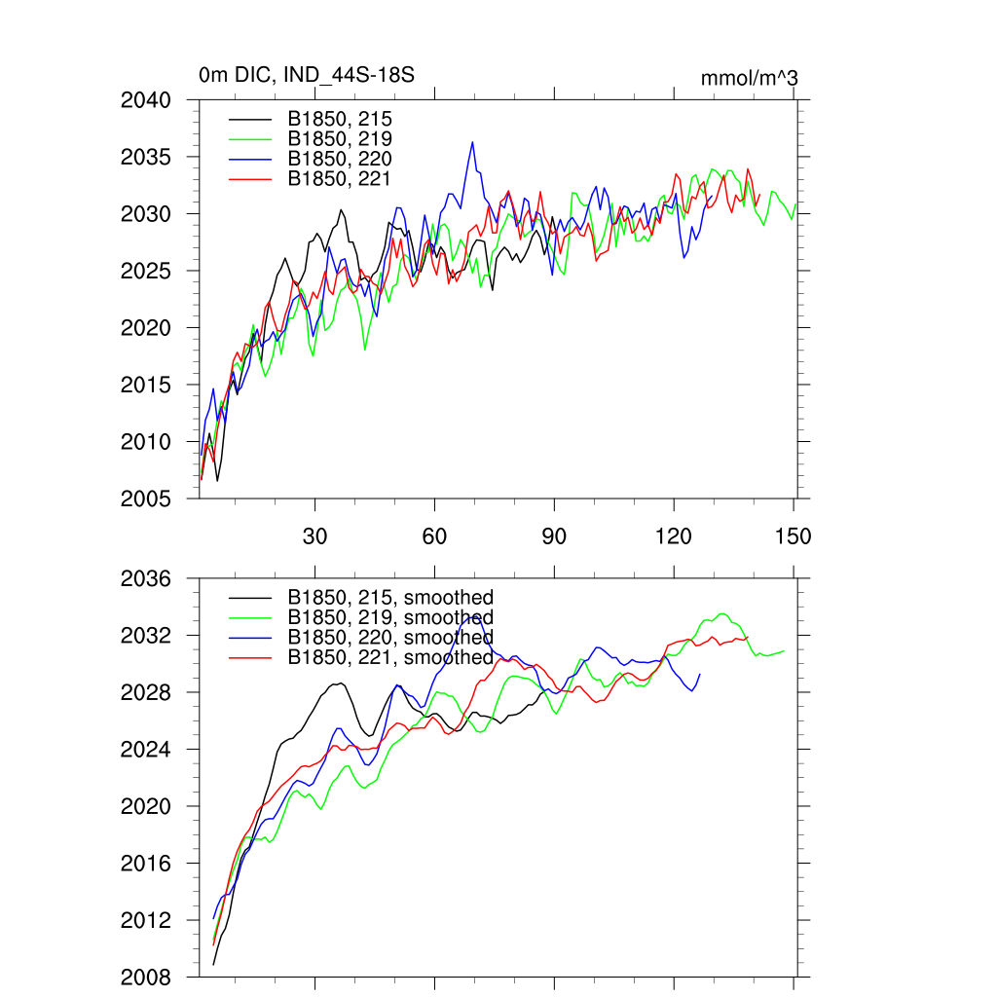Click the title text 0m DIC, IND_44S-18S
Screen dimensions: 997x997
click(307, 75)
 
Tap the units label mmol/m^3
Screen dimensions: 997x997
click(750, 78)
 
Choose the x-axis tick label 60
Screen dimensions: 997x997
click(434, 536)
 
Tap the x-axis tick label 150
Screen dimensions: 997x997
click(794, 536)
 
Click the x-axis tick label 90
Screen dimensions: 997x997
click(554, 536)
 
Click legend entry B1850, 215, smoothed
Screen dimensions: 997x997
click(390, 597)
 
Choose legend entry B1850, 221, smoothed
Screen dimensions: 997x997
click(390, 657)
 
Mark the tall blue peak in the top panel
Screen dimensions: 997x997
click(472, 142)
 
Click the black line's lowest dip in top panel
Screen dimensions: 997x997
click(217, 480)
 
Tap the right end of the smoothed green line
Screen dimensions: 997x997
click(784, 650)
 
